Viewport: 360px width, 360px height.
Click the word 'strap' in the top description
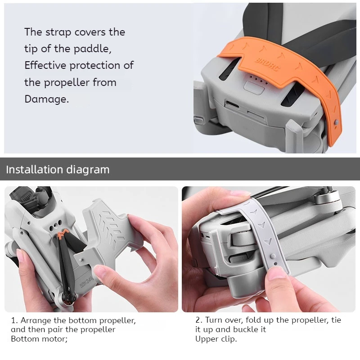point(57,32)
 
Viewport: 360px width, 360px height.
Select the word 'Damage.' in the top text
point(47,99)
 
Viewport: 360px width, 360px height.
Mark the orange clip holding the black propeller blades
point(63,233)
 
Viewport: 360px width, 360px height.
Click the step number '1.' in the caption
point(14,321)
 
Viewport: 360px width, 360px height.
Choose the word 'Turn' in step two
point(214,320)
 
